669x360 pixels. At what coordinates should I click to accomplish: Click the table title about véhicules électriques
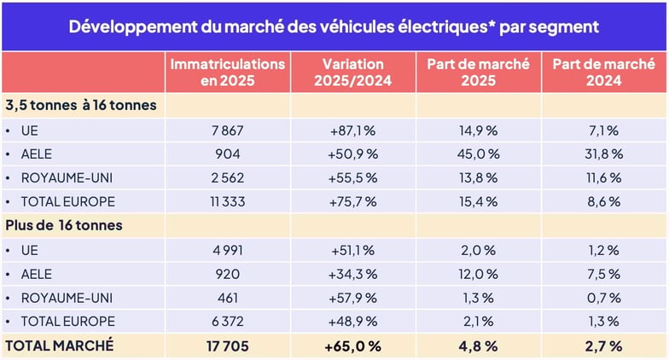334,26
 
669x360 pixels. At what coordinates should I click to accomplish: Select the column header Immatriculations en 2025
227,73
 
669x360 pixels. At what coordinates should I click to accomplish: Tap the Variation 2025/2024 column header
353,73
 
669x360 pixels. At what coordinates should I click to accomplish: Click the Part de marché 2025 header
478,73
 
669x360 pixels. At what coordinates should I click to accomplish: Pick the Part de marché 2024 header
603,73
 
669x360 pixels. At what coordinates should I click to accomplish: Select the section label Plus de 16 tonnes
64,226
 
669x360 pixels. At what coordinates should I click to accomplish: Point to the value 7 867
227,131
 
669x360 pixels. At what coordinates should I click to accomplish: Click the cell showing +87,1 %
353,131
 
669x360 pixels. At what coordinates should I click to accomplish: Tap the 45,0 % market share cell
478,154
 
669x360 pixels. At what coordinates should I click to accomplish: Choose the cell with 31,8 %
603,154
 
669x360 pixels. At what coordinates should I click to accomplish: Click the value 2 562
227,178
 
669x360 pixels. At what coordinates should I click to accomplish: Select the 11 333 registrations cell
227,202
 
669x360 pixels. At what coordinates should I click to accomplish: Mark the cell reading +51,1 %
353,251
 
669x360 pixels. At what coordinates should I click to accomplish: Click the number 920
227,274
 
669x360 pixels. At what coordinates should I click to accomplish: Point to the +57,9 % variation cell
353,298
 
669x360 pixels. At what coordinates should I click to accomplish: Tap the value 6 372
227,322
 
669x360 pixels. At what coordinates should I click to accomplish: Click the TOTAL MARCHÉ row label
60,346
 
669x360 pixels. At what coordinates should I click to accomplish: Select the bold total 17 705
227,346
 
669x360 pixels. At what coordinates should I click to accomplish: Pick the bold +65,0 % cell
353,346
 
